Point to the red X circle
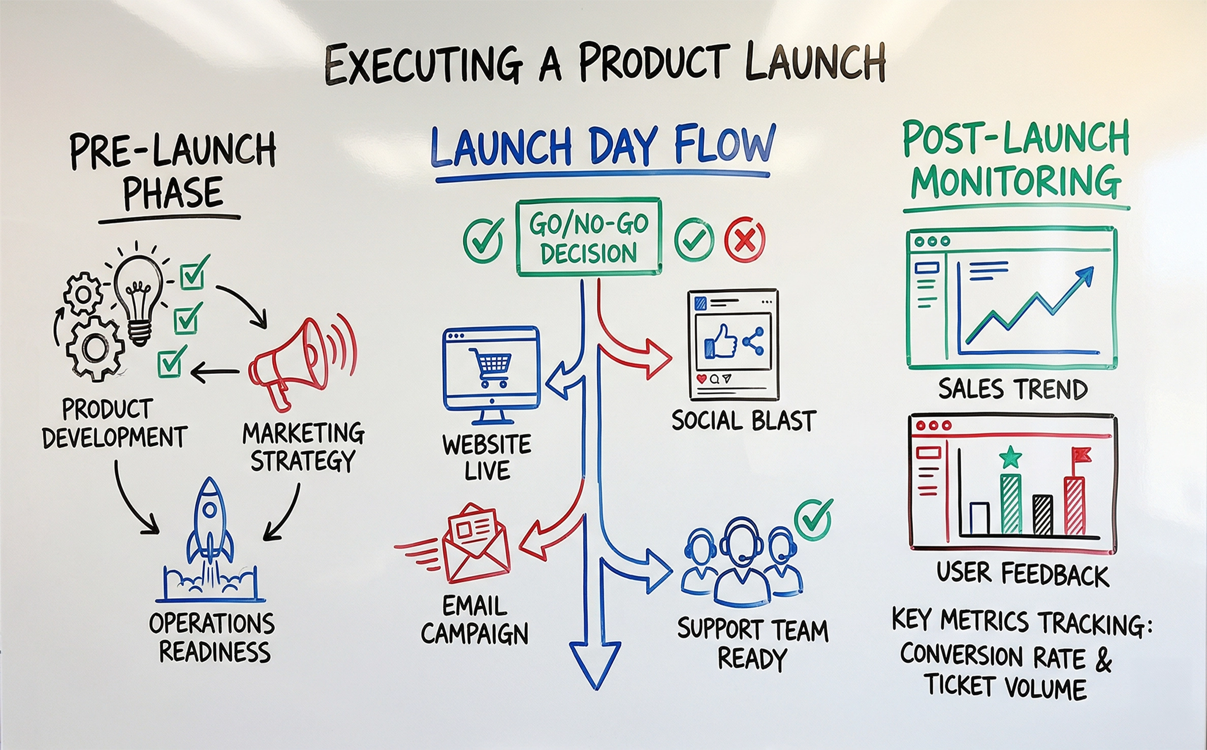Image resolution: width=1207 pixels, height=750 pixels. [x=744, y=240]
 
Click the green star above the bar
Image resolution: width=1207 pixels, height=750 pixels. [x=1010, y=457]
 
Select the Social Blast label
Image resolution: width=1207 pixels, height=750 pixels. [x=744, y=421]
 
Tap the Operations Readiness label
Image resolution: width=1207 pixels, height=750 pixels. [x=212, y=637]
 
